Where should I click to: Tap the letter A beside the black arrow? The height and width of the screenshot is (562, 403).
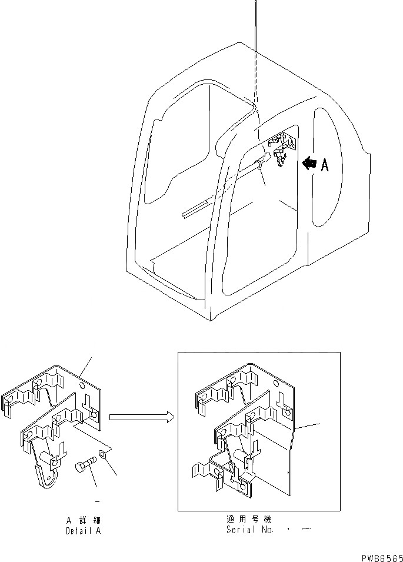[x=324, y=165]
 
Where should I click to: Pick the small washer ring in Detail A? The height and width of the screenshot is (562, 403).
[x=104, y=454]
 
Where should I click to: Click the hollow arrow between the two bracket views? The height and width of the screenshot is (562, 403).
[x=142, y=417]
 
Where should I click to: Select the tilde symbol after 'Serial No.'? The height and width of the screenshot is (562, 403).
[x=305, y=530]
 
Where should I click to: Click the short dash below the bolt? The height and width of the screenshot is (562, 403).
[x=96, y=501]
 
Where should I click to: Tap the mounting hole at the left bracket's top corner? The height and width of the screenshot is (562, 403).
[x=86, y=387]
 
